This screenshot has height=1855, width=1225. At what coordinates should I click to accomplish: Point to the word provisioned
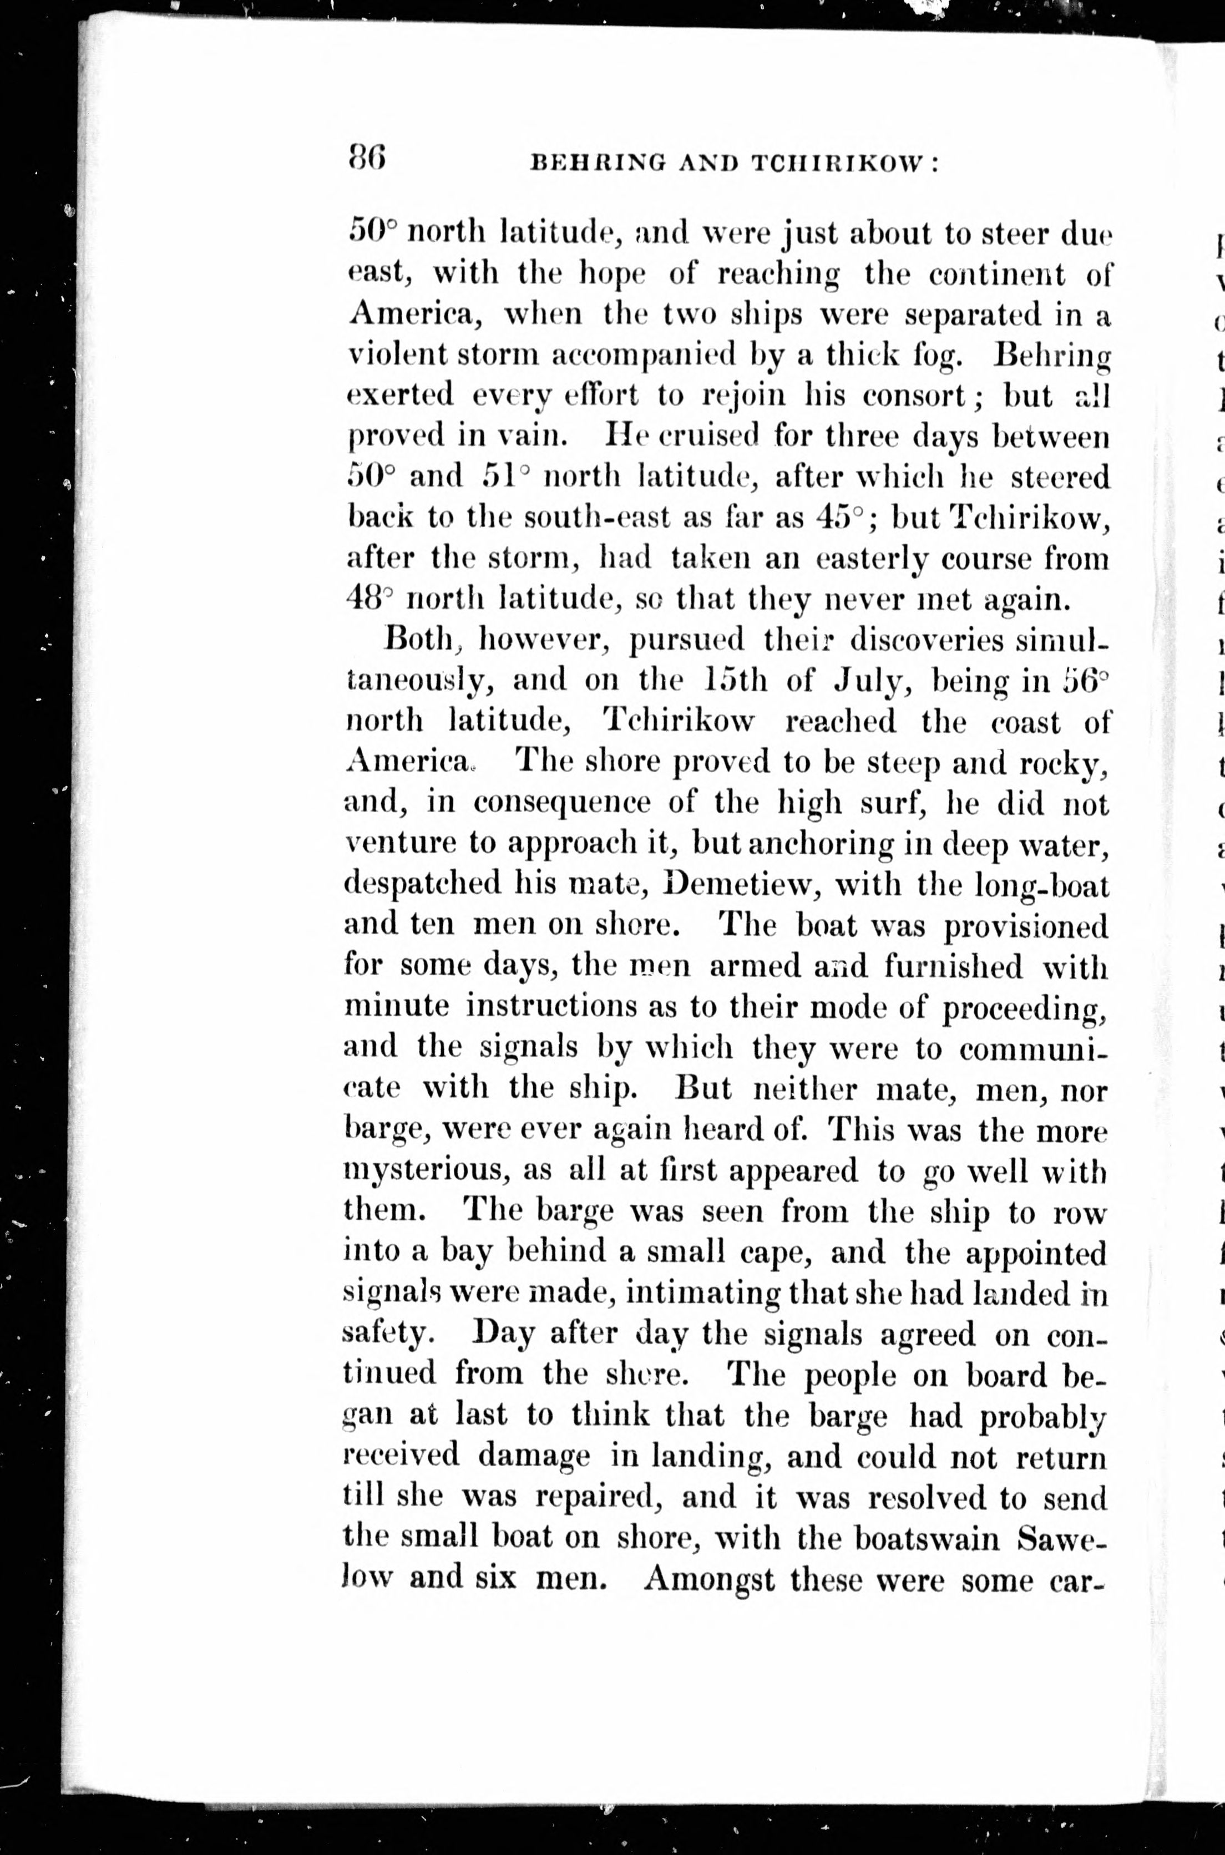click(1026, 927)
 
